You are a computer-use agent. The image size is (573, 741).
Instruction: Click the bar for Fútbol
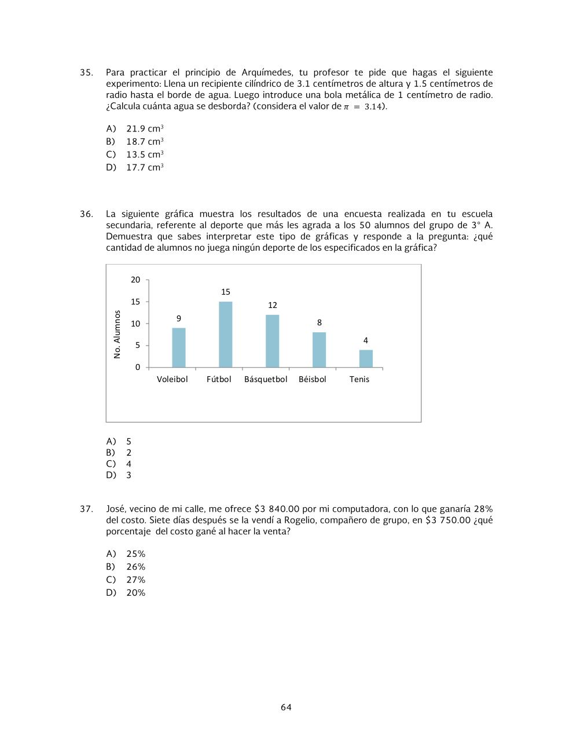pyautogui.click(x=226, y=335)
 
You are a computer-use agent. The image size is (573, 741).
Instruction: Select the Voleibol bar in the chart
pyautogui.click(x=179, y=347)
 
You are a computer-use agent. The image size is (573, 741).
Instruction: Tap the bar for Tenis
pyautogui.click(x=366, y=358)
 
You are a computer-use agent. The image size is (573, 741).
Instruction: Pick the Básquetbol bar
pyautogui.click(x=273, y=341)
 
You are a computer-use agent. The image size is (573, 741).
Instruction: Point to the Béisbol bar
pyautogui.click(x=319, y=350)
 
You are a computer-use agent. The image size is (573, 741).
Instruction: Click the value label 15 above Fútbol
pyautogui.click(x=226, y=292)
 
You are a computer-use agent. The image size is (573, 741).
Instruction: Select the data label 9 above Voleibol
pyautogui.click(x=179, y=318)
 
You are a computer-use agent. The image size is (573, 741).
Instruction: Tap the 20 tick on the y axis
pyautogui.click(x=135, y=280)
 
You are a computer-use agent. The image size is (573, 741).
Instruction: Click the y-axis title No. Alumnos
pyautogui.click(x=117, y=335)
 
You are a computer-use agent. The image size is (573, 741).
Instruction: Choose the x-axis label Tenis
pyautogui.click(x=359, y=379)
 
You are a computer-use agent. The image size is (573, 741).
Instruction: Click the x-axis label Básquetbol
pyautogui.click(x=266, y=379)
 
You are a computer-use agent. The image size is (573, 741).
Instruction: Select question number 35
pyautogui.click(x=86, y=72)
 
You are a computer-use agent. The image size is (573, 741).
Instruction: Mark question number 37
pyautogui.click(x=86, y=509)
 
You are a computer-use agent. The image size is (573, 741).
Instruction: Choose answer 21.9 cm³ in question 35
pyautogui.click(x=145, y=129)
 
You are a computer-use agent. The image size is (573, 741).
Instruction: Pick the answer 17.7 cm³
pyautogui.click(x=145, y=167)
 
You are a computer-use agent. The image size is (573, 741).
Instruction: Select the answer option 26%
pyautogui.click(x=136, y=567)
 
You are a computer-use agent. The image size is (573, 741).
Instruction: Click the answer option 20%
pyautogui.click(x=136, y=593)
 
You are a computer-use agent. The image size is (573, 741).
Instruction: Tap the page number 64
pyautogui.click(x=286, y=707)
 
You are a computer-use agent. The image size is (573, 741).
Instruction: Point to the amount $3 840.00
pyautogui.click(x=277, y=509)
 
